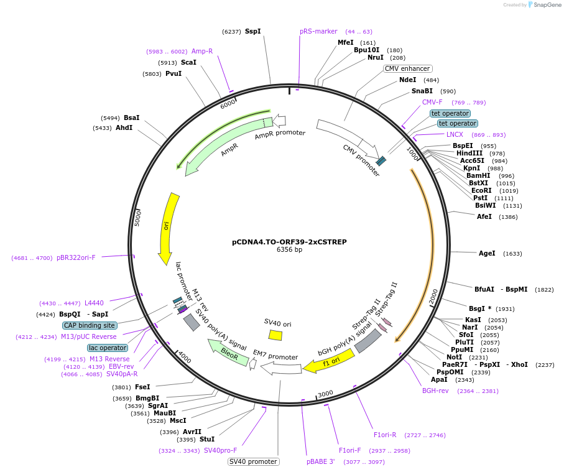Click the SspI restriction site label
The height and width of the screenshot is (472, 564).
[252, 31]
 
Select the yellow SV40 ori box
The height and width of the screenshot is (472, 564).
[275, 335]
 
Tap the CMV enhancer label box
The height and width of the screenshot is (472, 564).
[407, 69]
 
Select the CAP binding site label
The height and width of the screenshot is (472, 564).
[89, 325]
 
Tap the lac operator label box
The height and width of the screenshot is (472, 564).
[107, 348]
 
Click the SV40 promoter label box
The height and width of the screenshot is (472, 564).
[253, 461]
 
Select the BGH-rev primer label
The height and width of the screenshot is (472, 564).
[435, 391]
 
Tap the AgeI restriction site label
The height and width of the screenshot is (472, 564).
[487, 253]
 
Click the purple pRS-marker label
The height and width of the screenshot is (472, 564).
[318, 31]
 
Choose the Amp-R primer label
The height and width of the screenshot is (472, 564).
[202, 52]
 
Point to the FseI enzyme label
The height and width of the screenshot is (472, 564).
[142, 387]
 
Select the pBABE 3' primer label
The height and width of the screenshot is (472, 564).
[321, 461]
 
